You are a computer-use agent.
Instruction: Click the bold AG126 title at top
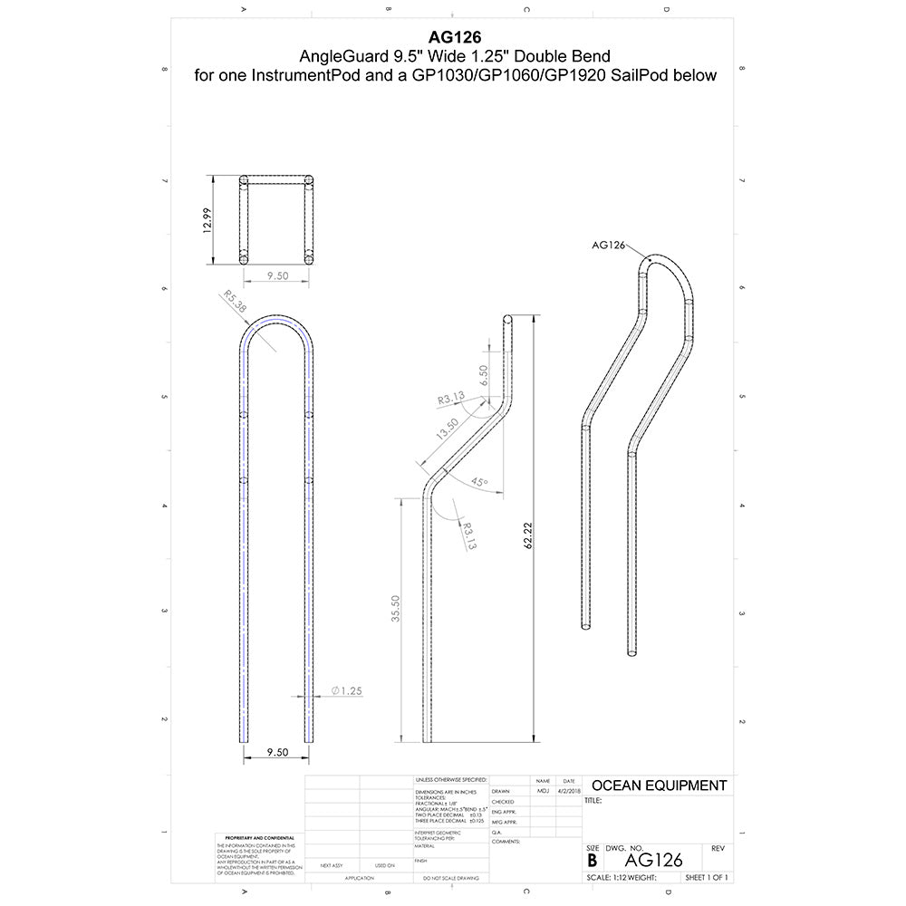[x=456, y=38]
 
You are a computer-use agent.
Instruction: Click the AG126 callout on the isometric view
[x=608, y=244]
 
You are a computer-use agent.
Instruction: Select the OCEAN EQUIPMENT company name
[x=659, y=786]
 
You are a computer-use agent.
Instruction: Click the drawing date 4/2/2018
[x=568, y=791]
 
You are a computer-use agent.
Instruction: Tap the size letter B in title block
[x=593, y=860]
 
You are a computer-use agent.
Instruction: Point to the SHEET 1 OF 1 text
[x=707, y=878]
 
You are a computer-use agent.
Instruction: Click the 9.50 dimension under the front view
[x=276, y=752]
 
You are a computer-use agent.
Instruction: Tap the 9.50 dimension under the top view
[x=276, y=277]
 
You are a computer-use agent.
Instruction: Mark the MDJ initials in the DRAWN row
[x=542, y=791]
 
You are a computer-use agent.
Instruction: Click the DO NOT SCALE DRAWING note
[x=449, y=879]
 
